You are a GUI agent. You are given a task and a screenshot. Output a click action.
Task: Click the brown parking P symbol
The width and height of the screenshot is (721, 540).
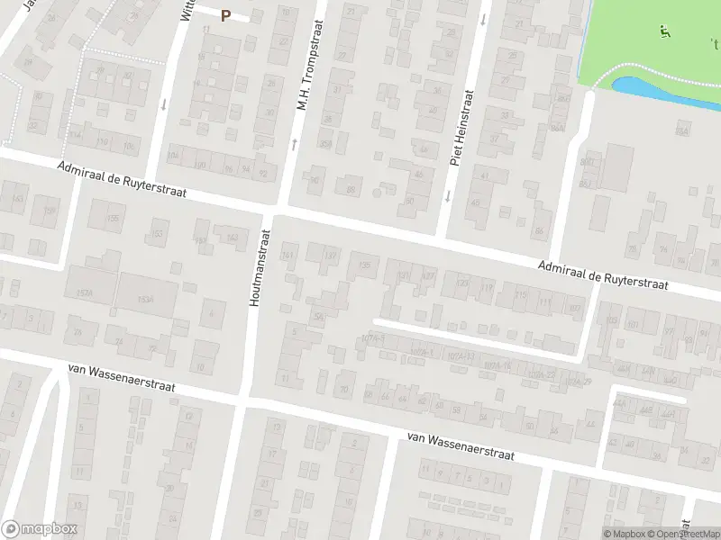225,14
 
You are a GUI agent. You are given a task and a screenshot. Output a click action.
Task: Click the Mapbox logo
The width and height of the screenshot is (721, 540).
40,529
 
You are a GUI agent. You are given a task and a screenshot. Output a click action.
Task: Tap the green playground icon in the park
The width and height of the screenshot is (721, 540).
665,31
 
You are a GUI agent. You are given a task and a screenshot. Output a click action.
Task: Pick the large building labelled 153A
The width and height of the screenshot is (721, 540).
146,300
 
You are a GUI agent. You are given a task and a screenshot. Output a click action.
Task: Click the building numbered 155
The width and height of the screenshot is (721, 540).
114,218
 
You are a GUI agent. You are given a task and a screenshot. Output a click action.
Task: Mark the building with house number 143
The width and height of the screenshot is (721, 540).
232,237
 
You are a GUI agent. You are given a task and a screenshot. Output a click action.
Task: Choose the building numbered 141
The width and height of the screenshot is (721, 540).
288,256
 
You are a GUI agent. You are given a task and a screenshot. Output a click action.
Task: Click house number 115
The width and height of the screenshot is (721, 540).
520,296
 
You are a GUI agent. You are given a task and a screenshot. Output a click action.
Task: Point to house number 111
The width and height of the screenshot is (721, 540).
544,303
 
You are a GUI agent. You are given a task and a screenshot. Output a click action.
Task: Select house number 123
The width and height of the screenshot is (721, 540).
463,283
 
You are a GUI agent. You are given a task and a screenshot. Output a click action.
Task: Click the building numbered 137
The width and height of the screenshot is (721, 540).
330,256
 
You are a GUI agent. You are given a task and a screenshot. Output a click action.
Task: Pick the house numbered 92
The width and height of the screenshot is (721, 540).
263,173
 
